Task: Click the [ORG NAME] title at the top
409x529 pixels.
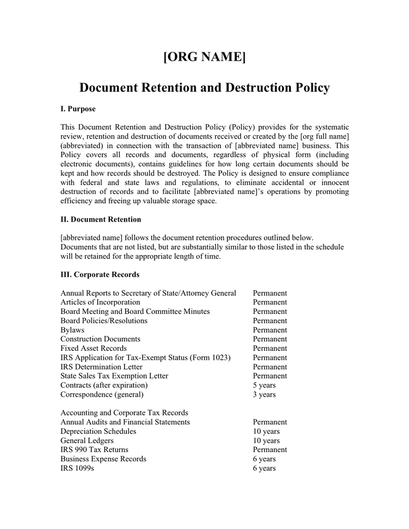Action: click(x=204, y=57)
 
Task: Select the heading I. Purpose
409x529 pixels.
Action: click(x=78, y=109)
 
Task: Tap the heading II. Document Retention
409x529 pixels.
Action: click(x=100, y=219)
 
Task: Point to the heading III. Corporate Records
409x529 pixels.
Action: click(x=100, y=274)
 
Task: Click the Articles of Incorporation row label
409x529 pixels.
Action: click(x=100, y=302)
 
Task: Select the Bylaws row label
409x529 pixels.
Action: click(x=72, y=330)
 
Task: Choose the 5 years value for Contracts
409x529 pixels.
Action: click(x=264, y=385)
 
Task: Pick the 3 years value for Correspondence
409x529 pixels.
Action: click(x=264, y=394)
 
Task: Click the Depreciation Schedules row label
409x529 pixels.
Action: click(x=98, y=431)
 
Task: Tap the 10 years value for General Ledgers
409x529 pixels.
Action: click(x=266, y=440)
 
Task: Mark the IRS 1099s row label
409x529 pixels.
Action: click(x=77, y=468)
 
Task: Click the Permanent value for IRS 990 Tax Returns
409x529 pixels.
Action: click(x=270, y=450)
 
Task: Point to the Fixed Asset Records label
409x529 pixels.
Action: click(x=93, y=349)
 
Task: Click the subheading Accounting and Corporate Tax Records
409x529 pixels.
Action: click(x=124, y=413)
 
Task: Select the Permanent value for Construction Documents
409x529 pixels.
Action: click(x=270, y=339)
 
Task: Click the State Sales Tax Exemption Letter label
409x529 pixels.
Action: click(x=114, y=376)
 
